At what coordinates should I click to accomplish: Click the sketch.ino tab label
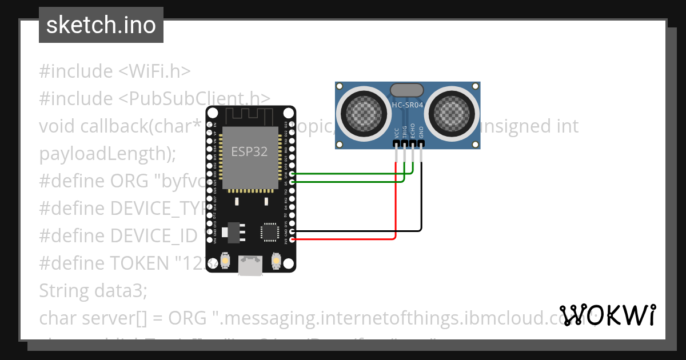coord(101,25)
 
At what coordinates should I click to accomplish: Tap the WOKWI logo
coord(607,315)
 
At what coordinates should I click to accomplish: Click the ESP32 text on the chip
coord(249,152)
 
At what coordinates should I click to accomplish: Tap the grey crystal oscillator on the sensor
coord(406,90)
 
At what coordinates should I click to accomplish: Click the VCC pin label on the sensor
coord(397,133)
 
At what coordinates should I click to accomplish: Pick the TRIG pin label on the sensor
coord(405,132)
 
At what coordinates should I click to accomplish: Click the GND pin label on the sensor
coord(421,133)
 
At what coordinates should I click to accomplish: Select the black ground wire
coord(421,200)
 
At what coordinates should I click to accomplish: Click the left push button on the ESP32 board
coord(225,261)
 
